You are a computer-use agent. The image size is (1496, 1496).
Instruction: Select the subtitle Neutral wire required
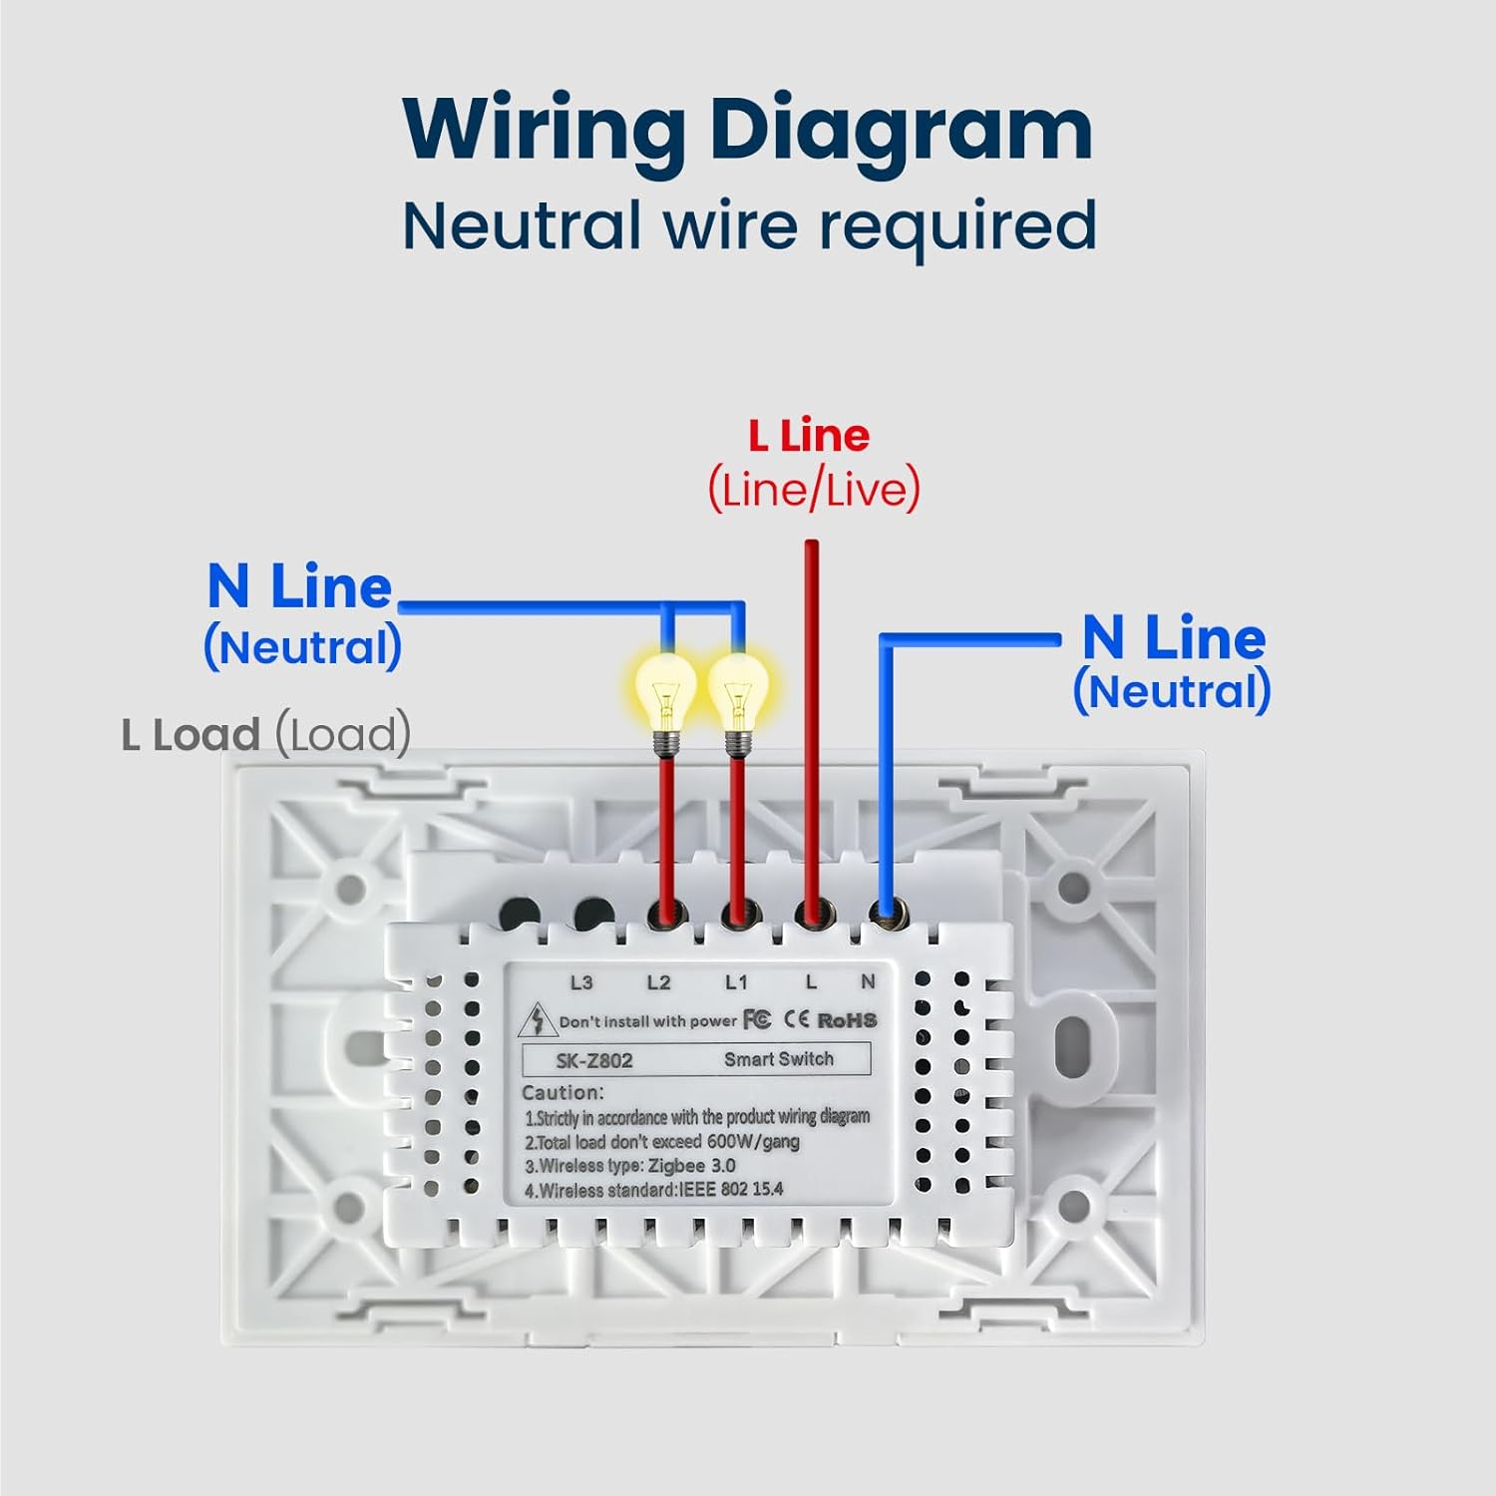point(749,226)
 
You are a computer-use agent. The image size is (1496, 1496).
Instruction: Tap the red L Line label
point(810,436)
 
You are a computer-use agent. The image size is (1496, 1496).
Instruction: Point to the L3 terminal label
point(581,982)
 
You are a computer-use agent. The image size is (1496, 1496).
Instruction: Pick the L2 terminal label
point(658,982)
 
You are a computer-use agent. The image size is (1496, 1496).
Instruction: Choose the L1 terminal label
point(736,982)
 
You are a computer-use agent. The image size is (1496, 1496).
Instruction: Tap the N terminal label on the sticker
point(868,981)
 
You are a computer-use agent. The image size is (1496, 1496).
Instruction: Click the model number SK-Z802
point(594,1060)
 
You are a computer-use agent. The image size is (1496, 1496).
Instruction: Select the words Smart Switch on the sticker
point(779,1058)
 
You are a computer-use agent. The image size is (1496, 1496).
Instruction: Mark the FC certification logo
point(757,1019)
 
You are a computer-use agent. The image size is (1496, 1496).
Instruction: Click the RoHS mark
point(847,1020)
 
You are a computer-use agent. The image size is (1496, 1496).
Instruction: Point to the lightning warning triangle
point(539,1020)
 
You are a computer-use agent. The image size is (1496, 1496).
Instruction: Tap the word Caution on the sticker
point(562,1092)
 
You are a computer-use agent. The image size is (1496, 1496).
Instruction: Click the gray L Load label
point(266,734)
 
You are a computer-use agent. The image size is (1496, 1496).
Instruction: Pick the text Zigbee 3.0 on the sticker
point(692,1165)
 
